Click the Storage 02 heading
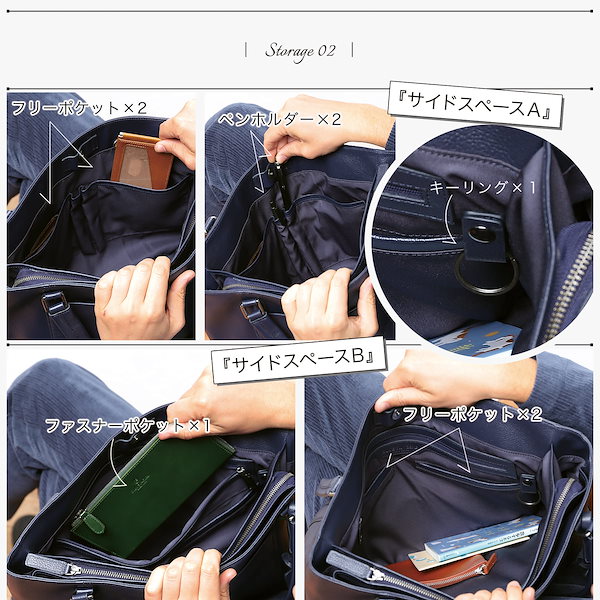[300, 50]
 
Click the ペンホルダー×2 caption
[279, 119]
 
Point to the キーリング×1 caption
[483, 187]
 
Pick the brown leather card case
[139, 161]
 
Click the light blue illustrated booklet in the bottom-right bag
[480, 540]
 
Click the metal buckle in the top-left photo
[54, 299]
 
